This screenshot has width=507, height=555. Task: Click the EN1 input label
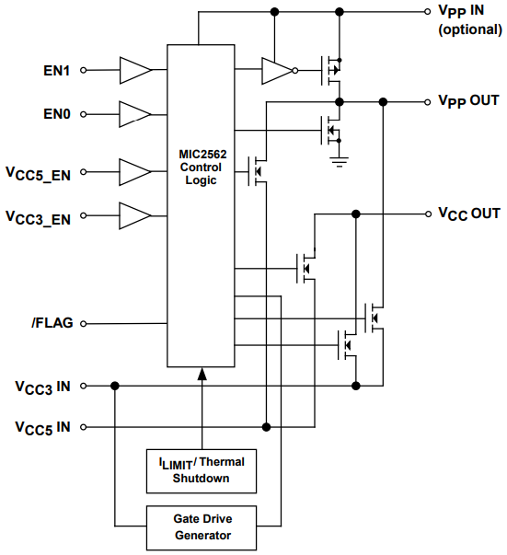(58, 70)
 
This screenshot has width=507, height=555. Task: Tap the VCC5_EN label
(42, 172)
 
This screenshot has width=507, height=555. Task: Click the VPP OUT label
(468, 100)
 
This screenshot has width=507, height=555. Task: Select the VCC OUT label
(468, 214)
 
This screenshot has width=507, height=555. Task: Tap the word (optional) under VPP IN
(469, 29)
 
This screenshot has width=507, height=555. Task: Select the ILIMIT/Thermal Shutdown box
(200, 468)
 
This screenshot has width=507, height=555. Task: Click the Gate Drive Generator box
(200, 527)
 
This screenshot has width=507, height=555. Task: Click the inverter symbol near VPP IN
(277, 70)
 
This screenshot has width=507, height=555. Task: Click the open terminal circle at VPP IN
(428, 12)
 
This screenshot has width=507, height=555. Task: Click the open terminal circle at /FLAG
(84, 323)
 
